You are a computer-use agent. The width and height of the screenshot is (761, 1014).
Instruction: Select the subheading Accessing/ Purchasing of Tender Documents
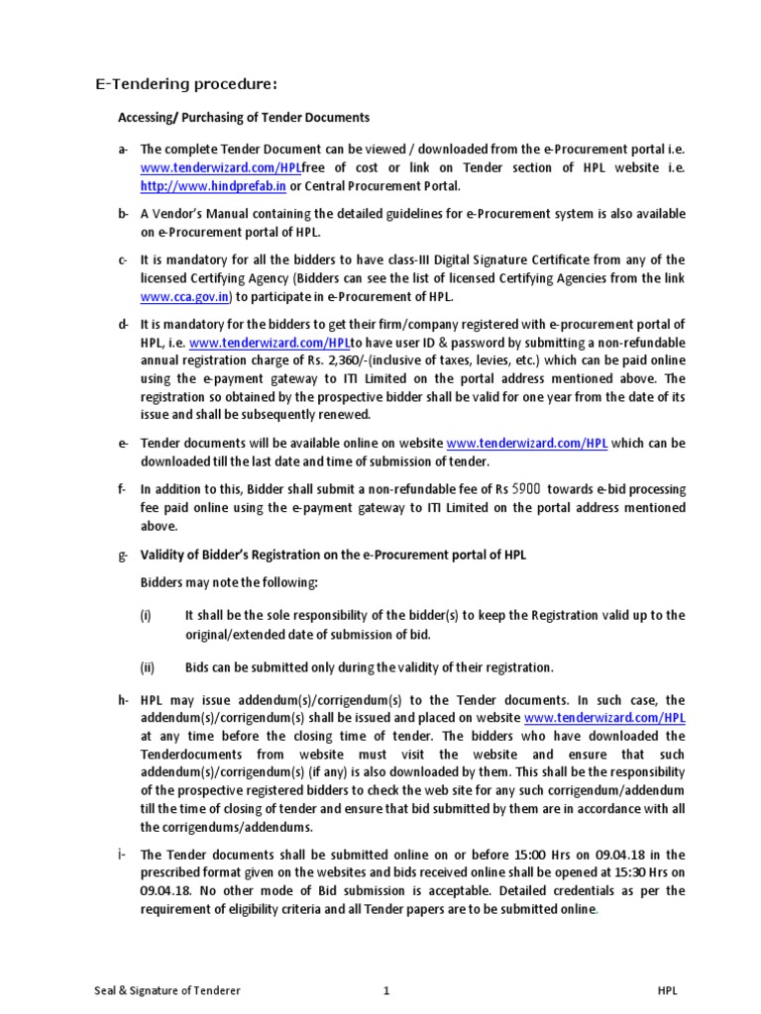tap(244, 118)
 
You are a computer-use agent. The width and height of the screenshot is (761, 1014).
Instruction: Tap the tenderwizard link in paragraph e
tap(526, 445)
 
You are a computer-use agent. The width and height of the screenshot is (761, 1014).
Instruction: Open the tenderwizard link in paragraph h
tap(604, 718)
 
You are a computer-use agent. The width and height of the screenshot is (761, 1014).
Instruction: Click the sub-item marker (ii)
tap(147, 666)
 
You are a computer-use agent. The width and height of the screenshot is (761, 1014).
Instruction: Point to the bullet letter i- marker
tap(123, 855)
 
